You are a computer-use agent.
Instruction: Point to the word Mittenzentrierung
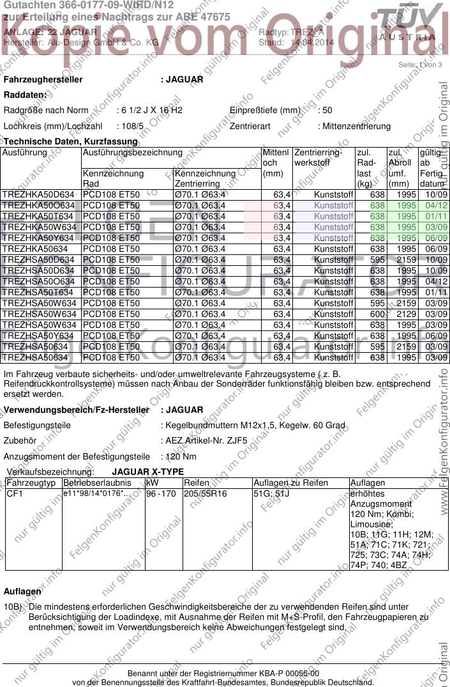click(x=356, y=126)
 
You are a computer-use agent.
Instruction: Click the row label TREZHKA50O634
click(x=39, y=205)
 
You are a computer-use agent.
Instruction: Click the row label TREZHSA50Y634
click(x=39, y=336)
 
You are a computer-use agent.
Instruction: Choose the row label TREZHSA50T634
click(x=39, y=292)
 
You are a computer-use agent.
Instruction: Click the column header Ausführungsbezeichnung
click(x=132, y=153)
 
